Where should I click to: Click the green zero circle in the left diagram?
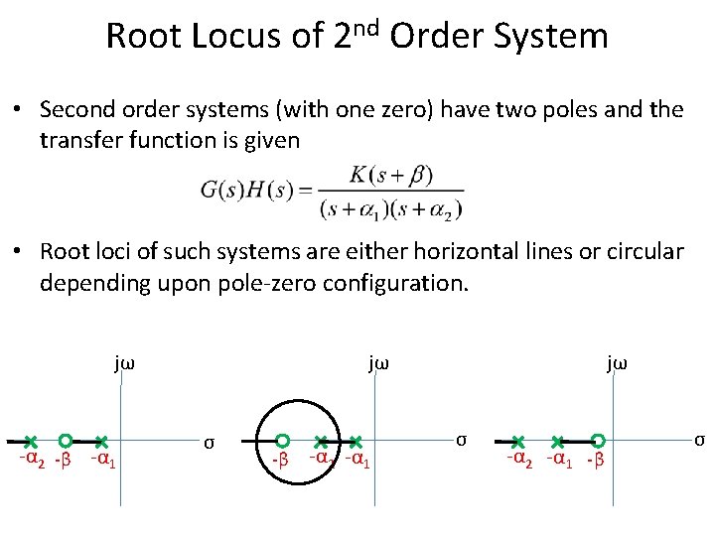[65, 440]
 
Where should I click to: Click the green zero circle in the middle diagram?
[283, 440]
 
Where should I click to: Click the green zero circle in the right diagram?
[598, 440]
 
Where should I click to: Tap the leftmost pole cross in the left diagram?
[31, 441]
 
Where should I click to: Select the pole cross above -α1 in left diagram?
[101, 441]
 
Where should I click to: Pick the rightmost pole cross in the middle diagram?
[356, 441]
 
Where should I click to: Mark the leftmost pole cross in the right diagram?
[518, 441]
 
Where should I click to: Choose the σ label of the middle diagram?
[460, 439]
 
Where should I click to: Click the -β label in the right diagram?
[595, 461]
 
